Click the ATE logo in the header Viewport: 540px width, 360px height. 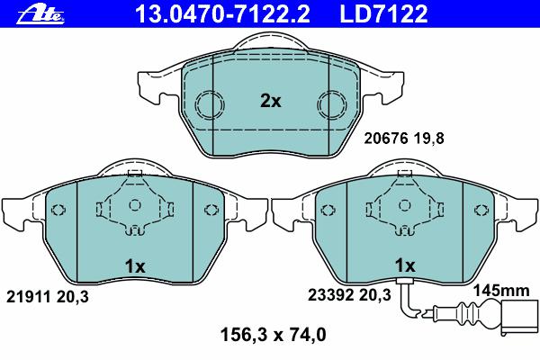[x=40, y=14]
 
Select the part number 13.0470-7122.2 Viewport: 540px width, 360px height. [x=222, y=13]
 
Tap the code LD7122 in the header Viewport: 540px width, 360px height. [x=383, y=13]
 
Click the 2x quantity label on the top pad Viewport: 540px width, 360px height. [x=271, y=101]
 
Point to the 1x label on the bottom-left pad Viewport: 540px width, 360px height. [x=135, y=266]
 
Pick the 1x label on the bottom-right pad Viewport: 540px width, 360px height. [x=405, y=265]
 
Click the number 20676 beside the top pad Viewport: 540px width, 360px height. [x=386, y=139]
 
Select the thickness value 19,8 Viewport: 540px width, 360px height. [x=429, y=139]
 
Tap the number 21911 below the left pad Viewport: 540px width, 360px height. [x=29, y=297]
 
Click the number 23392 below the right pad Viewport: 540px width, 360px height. [x=330, y=295]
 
